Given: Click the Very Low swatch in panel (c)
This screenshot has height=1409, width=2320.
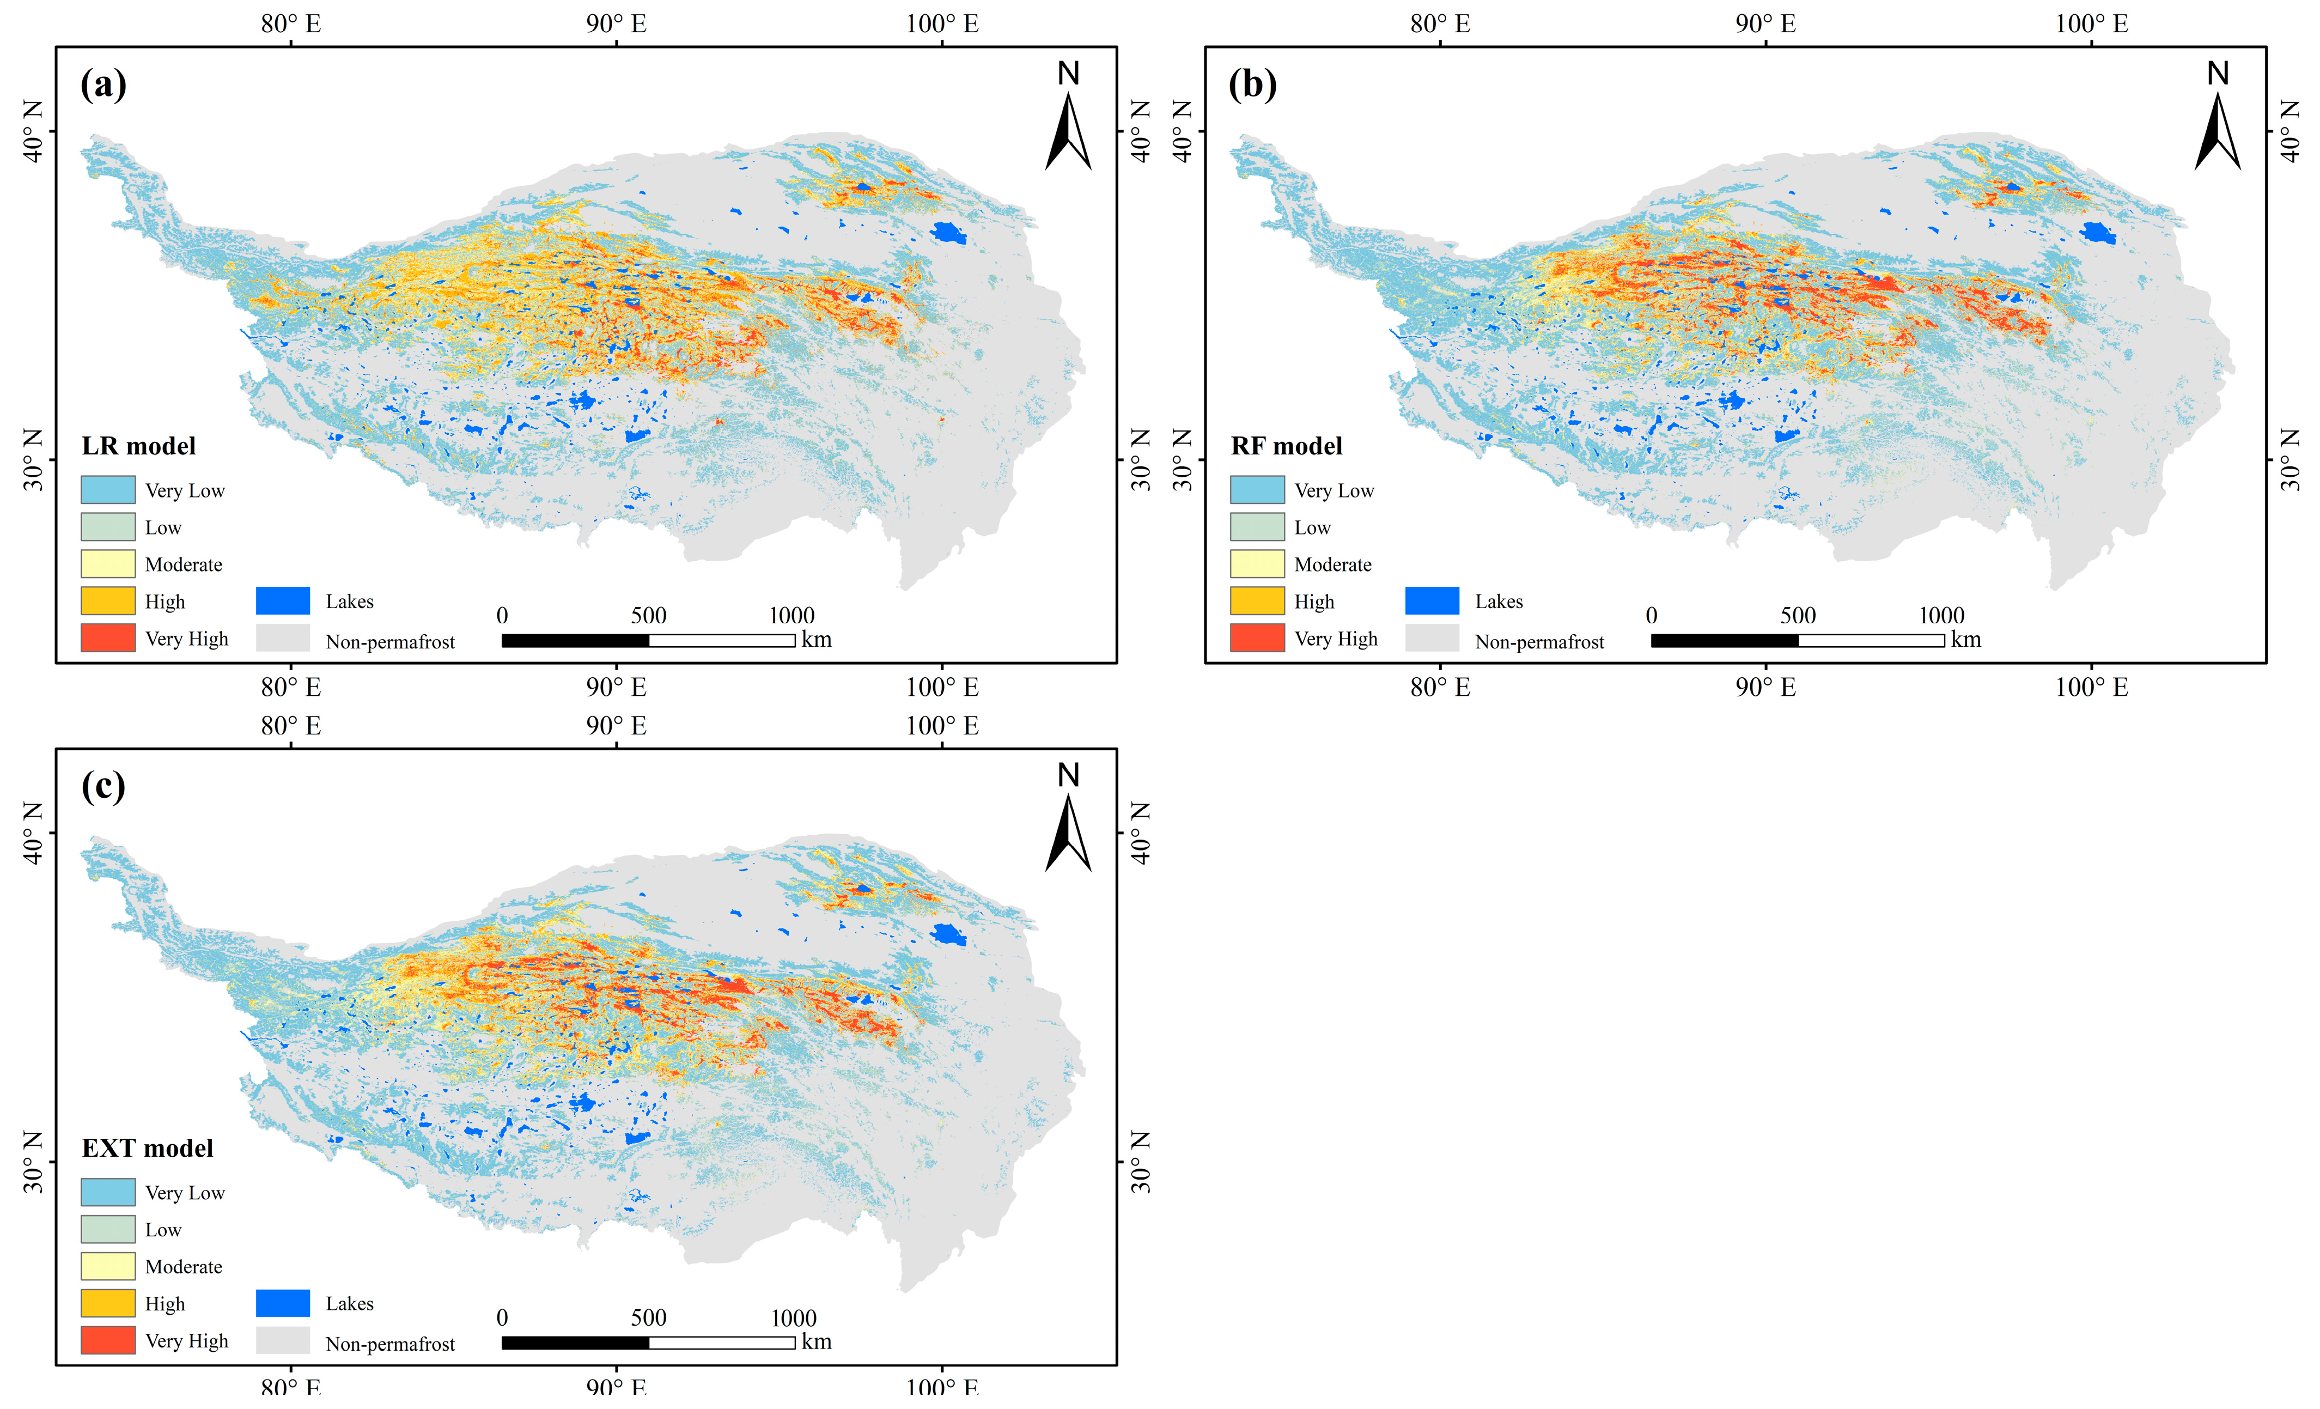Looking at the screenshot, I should [x=107, y=1192].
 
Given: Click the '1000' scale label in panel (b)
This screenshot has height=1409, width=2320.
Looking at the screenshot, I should [x=1941, y=616].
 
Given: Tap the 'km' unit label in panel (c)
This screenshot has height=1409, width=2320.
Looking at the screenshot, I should [x=817, y=1342].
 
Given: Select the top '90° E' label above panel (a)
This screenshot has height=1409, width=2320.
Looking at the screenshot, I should [x=617, y=23].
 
